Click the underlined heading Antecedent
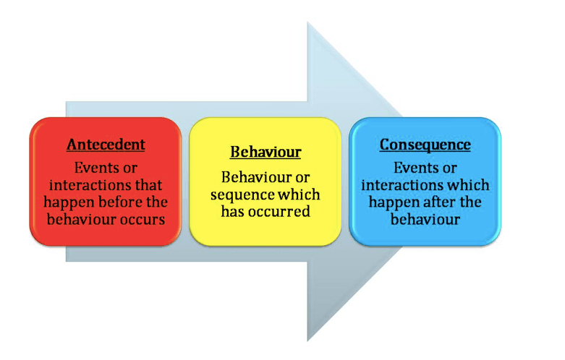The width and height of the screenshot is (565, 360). [106, 145]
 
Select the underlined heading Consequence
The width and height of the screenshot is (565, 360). [425, 145]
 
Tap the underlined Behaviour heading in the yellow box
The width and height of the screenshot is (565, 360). [265, 153]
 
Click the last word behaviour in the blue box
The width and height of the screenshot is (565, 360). [425, 219]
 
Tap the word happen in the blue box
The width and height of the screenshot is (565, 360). [388, 202]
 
